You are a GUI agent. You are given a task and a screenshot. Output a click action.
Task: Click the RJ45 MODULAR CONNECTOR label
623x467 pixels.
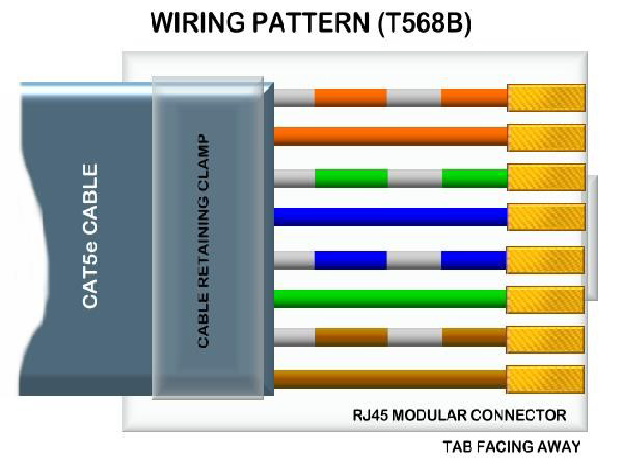tap(459, 415)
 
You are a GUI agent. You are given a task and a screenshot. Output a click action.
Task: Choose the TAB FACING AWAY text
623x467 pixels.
tap(511, 446)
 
